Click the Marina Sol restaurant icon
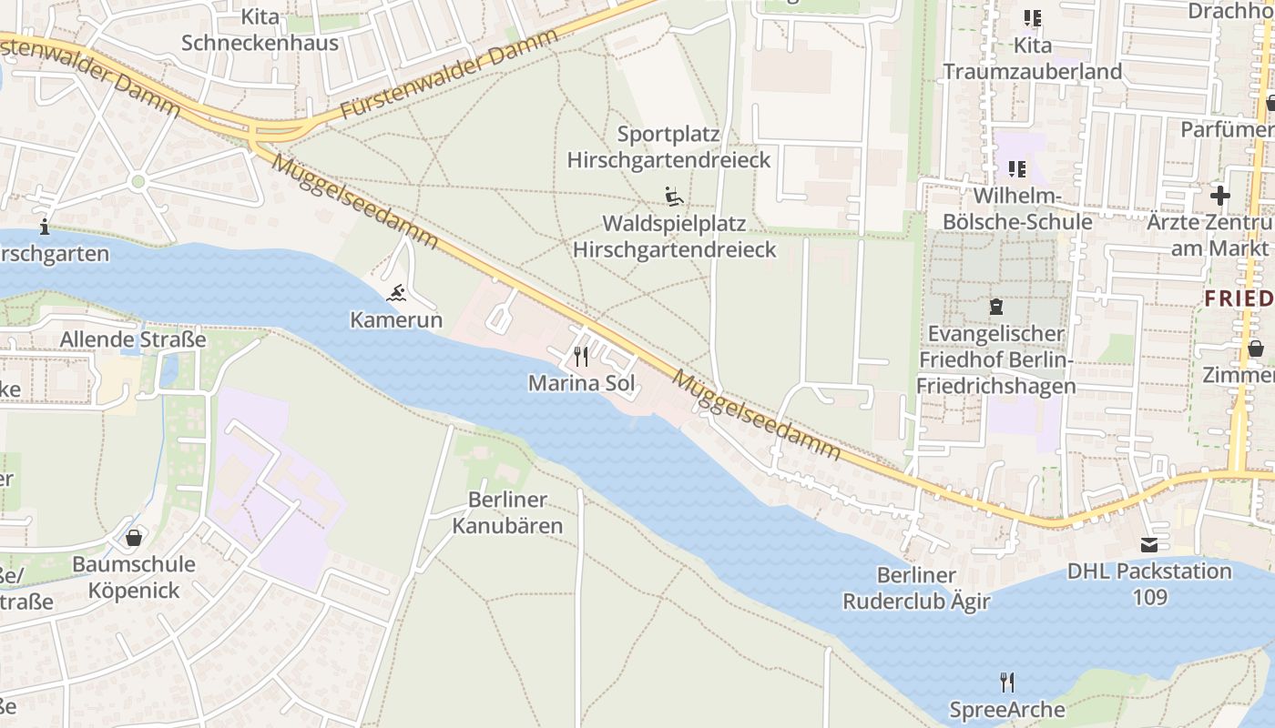[x=580, y=355]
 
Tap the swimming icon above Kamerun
[x=396, y=293]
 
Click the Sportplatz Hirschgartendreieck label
[x=668, y=147]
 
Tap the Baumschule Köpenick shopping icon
[x=134, y=538]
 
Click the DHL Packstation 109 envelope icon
[x=1149, y=544]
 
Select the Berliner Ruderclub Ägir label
[x=916, y=588]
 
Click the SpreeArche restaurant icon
[x=1006, y=682]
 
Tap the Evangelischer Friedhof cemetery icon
[x=996, y=307]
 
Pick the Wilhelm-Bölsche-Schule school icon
[x=1016, y=168]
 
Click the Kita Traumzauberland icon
[x=1032, y=17]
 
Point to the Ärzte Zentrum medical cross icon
[x=1219, y=195]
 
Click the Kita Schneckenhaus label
[x=260, y=30]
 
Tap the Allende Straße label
[x=133, y=340]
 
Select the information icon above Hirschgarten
[x=44, y=227]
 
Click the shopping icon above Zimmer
[x=1255, y=349]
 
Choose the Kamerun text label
[x=396, y=320]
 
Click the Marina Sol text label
[x=581, y=383]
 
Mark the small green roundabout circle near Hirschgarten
[x=138, y=182]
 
